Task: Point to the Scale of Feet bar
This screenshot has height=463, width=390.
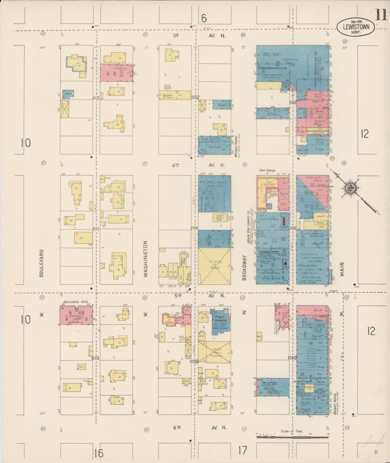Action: click(x=293, y=436)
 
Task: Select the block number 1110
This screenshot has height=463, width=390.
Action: click(x=95, y=358)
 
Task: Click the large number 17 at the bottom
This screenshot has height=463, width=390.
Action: click(x=243, y=450)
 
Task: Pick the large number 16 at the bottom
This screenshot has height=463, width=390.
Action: click(x=99, y=453)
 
